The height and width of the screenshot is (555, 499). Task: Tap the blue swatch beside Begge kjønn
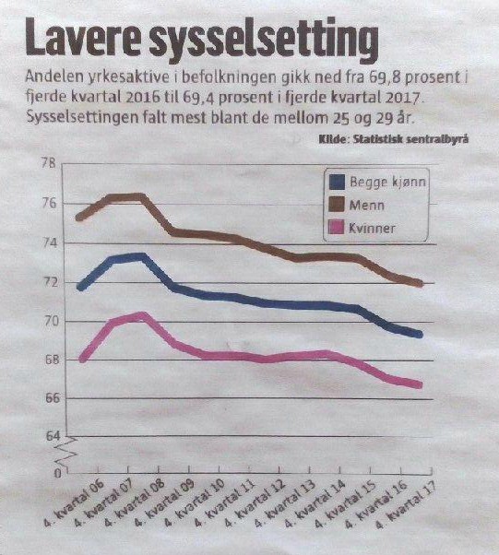tap(337, 182)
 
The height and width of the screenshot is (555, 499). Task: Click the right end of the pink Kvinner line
tap(421, 384)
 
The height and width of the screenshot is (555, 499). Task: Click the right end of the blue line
tap(421, 334)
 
